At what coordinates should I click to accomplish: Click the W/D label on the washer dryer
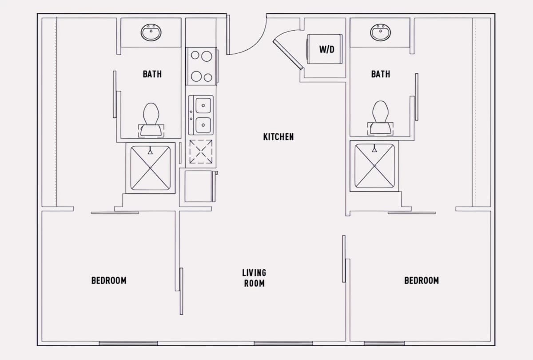pyautogui.click(x=327, y=49)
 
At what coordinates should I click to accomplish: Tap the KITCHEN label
pyautogui.click(x=278, y=137)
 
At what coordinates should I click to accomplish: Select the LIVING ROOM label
pyautogui.click(x=254, y=278)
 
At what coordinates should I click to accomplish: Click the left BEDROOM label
pyautogui.click(x=109, y=280)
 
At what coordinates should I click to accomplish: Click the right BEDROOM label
pyautogui.click(x=422, y=280)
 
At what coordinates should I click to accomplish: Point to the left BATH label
pyautogui.click(x=152, y=74)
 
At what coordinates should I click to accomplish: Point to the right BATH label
pyautogui.click(x=381, y=74)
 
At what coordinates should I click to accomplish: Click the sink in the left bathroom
pyautogui.click(x=151, y=32)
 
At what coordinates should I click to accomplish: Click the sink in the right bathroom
pyautogui.click(x=381, y=32)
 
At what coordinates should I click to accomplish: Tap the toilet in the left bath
pyautogui.click(x=151, y=120)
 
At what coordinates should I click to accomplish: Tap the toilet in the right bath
pyautogui.click(x=380, y=118)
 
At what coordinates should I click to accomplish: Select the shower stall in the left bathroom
pyautogui.click(x=151, y=168)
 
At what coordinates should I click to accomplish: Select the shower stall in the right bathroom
pyautogui.click(x=374, y=166)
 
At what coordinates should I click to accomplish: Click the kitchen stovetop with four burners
pyautogui.click(x=201, y=66)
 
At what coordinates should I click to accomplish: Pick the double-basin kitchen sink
pyautogui.click(x=201, y=115)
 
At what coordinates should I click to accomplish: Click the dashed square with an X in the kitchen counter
pyautogui.click(x=201, y=152)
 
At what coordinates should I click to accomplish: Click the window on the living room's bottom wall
pyautogui.click(x=283, y=343)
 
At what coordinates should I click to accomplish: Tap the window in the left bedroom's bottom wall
pyautogui.click(x=128, y=343)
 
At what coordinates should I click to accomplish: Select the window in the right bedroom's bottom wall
pyautogui.click(x=384, y=343)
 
